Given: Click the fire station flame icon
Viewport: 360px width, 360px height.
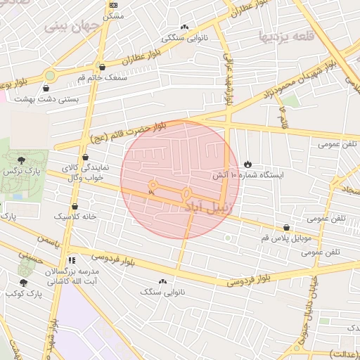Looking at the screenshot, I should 247,164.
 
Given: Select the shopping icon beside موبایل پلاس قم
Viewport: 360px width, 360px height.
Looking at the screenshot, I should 286,228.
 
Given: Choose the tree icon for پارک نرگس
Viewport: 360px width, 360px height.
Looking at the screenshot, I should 21,161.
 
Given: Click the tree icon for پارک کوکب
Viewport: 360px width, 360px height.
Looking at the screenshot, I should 23,283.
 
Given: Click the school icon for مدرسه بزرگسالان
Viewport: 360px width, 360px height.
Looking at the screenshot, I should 71,260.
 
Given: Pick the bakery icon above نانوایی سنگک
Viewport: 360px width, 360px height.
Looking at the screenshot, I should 163,281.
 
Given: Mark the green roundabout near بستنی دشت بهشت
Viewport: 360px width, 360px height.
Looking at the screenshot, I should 50,75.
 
